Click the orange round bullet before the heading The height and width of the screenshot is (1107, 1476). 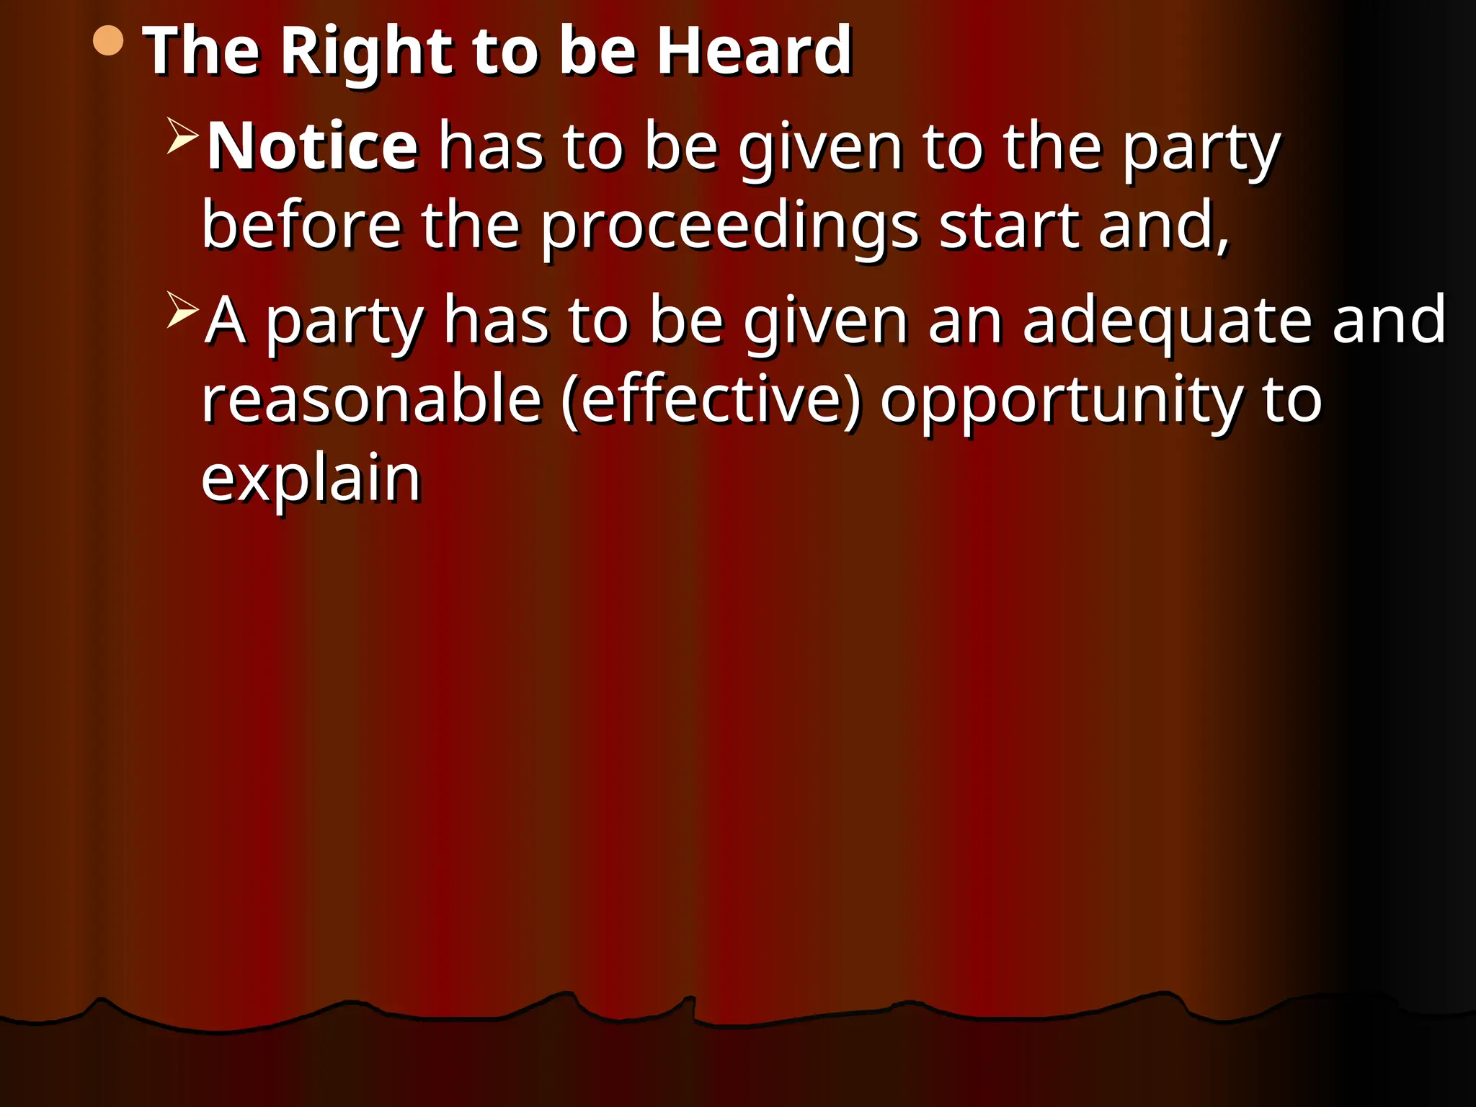coord(108,41)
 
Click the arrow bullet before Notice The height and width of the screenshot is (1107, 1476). coord(182,135)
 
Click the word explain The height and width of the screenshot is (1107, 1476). coord(311,481)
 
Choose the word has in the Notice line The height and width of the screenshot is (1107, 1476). coord(492,147)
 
